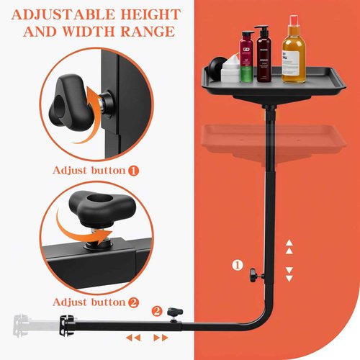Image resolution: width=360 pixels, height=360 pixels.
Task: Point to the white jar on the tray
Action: pyautogui.click(x=230, y=71)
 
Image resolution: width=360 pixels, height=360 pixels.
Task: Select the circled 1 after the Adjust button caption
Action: pyautogui.click(x=133, y=171)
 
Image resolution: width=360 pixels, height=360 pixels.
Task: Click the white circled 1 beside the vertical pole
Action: pyautogui.click(x=237, y=264)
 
